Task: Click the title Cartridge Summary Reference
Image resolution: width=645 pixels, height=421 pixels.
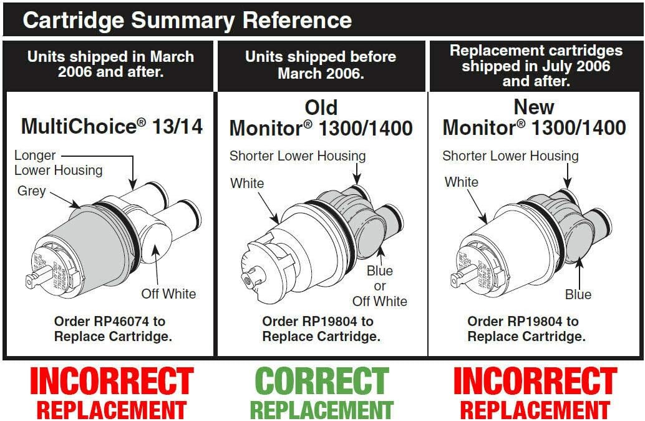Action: pyautogui.click(x=187, y=20)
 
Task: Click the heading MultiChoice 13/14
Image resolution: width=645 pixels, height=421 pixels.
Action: pyautogui.click(x=112, y=127)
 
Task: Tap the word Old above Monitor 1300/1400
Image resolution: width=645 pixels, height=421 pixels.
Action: pyautogui.click(x=321, y=107)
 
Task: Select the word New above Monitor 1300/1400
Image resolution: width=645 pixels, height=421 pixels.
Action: pyautogui.click(x=534, y=107)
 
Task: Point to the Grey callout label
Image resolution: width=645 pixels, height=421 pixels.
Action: pyautogui.click(x=31, y=191)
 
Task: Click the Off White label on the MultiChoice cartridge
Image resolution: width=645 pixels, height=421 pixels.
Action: pyautogui.click(x=168, y=294)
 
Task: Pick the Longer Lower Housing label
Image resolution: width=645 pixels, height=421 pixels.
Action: pyautogui.click(x=58, y=162)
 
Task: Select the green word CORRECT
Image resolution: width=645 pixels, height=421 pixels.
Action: pyautogui.click(x=321, y=380)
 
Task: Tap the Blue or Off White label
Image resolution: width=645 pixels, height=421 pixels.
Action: pyautogui.click(x=379, y=286)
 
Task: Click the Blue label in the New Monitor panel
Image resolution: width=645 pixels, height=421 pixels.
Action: pyautogui.click(x=578, y=294)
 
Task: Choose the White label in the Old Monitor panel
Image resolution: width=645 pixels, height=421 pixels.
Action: pyautogui.click(x=247, y=184)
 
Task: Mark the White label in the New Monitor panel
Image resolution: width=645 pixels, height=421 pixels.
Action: pyautogui.click(x=462, y=182)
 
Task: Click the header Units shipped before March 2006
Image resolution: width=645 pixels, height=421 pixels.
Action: pyautogui.click(x=321, y=65)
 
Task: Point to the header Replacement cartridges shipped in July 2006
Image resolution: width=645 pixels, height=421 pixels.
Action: pyautogui.click(x=536, y=66)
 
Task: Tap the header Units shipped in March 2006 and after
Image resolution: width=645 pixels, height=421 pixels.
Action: pyautogui.click(x=110, y=64)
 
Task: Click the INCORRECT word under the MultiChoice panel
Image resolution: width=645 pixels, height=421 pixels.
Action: pyautogui.click(x=112, y=382)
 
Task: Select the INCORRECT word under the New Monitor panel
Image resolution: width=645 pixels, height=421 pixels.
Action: pyautogui.click(x=535, y=382)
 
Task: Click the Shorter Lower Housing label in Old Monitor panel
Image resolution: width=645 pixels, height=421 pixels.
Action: pyautogui.click(x=298, y=156)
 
